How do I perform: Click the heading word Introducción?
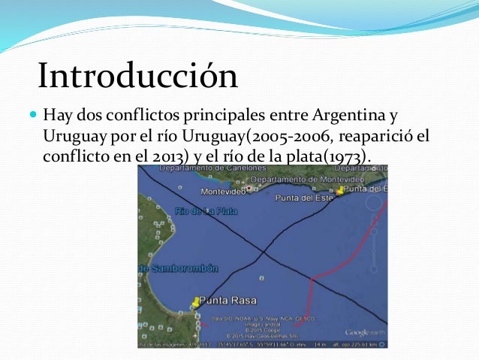point(137,77)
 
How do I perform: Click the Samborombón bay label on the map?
point(170,268)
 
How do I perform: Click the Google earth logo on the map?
point(366,331)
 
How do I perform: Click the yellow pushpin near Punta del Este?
point(340,190)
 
